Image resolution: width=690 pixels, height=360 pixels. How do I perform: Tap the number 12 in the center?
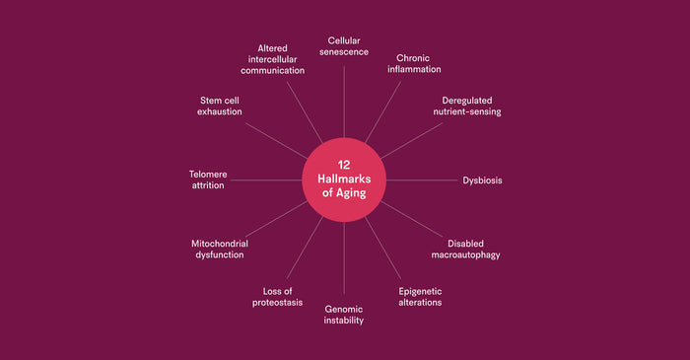click(344, 165)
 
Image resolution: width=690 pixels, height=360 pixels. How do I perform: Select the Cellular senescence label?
click(344, 46)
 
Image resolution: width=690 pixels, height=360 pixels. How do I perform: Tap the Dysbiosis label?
click(483, 180)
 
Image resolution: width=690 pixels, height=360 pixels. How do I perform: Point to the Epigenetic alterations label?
click(420, 296)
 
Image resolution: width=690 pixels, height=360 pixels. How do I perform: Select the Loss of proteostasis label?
click(277, 296)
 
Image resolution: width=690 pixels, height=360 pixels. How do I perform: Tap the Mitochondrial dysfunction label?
click(217, 249)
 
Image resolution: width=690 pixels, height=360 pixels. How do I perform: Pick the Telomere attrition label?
click(208, 180)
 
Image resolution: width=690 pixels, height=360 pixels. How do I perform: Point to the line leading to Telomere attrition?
click(266, 180)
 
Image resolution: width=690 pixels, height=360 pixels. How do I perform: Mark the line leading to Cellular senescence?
click(344, 99)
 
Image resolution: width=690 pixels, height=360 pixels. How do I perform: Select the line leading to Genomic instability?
click(344, 261)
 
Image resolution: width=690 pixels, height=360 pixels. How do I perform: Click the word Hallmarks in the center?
click(344, 179)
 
